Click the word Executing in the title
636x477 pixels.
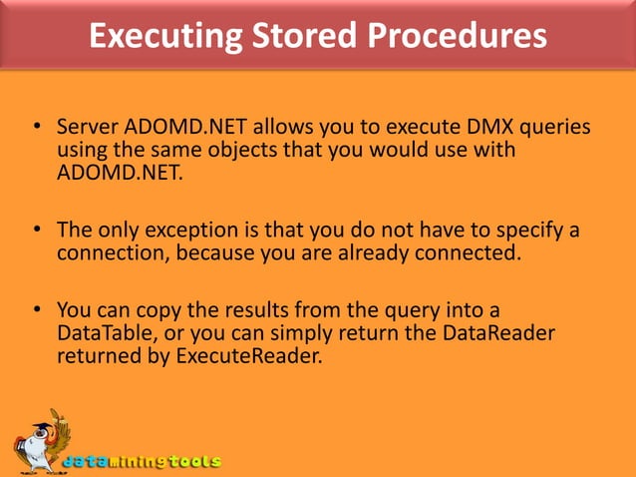tap(159, 36)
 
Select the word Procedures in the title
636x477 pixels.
tap(458, 36)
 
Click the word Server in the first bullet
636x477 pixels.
tap(89, 129)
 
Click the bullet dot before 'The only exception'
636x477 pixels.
tap(36, 231)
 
